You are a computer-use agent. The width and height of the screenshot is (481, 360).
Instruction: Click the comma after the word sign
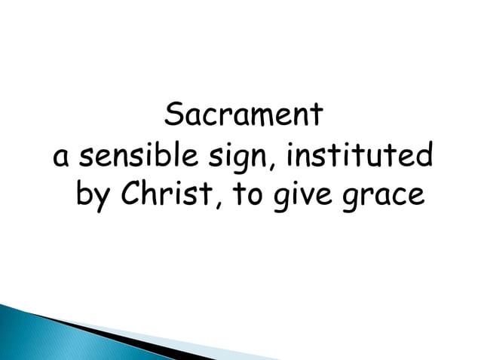click(256, 166)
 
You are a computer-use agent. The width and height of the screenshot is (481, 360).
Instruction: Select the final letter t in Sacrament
click(318, 116)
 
